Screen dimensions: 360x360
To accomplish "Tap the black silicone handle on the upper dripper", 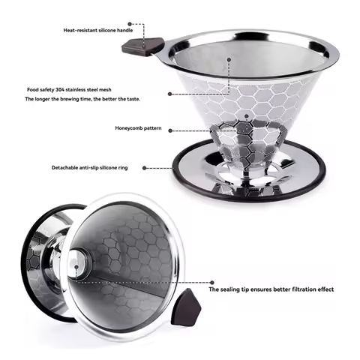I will point(137,46).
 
